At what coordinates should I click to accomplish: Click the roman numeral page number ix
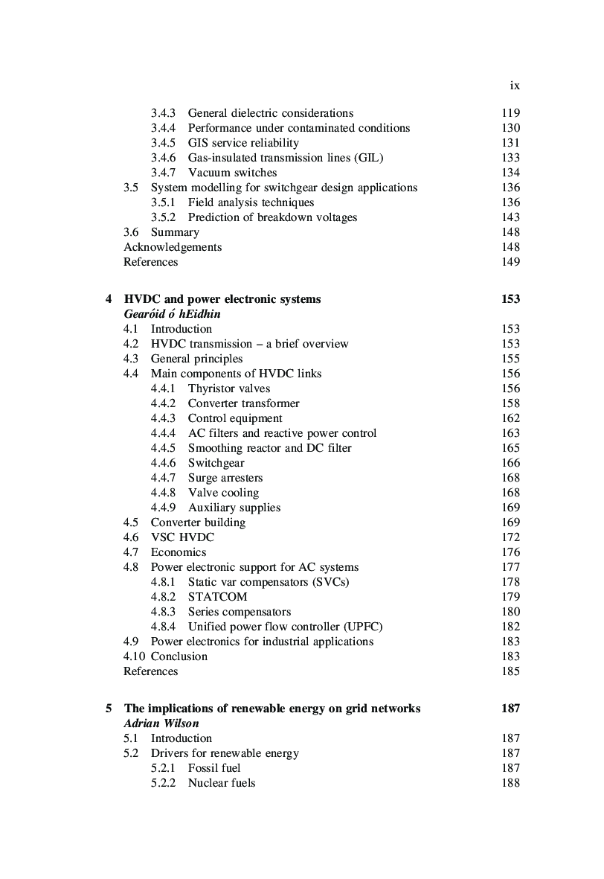(515, 86)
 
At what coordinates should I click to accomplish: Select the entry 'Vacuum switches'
(232, 173)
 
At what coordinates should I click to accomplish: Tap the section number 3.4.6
(163, 158)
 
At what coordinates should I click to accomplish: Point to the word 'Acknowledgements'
(173, 247)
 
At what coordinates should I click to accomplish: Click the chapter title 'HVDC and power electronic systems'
(222, 299)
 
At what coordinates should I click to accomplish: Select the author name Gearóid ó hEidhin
(172, 314)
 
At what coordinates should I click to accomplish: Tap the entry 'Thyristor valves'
(228, 389)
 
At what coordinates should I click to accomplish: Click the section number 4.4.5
(163, 448)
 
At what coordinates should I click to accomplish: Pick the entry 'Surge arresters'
(225, 478)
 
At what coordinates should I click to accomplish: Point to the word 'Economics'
(179, 552)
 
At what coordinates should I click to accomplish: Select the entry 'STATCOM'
(217, 597)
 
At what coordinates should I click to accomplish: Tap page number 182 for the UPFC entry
(510, 627)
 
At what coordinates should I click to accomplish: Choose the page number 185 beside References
(510, 671)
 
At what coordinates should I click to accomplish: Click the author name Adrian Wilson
(161, 723)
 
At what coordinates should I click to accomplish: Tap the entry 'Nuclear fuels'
(221, 783)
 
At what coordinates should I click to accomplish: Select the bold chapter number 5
(109, 709)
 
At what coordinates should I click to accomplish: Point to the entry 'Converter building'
(198, 522)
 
